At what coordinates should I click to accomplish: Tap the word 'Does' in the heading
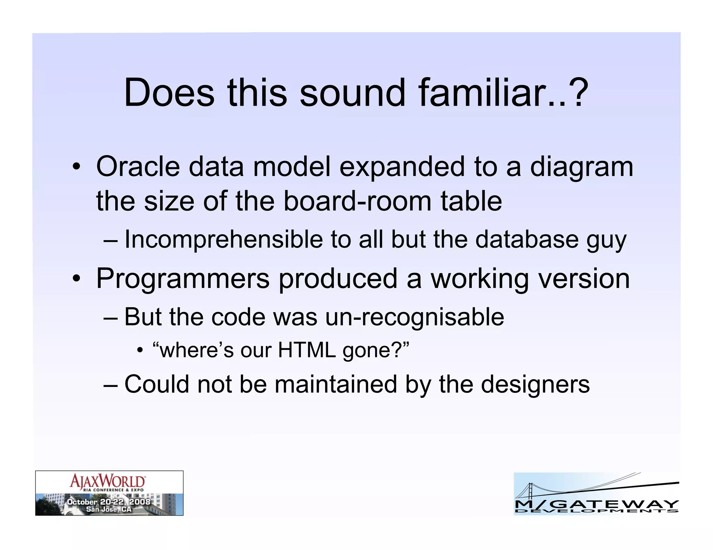169,93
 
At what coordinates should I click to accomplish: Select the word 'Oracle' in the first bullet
138,167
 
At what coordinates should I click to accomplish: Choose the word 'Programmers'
183,279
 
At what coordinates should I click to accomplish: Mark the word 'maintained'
336,384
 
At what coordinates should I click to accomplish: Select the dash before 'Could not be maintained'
111,385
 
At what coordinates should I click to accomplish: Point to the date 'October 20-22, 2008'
109,502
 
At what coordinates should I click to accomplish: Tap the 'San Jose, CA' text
109,509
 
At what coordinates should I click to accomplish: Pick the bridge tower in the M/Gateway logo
530,491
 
